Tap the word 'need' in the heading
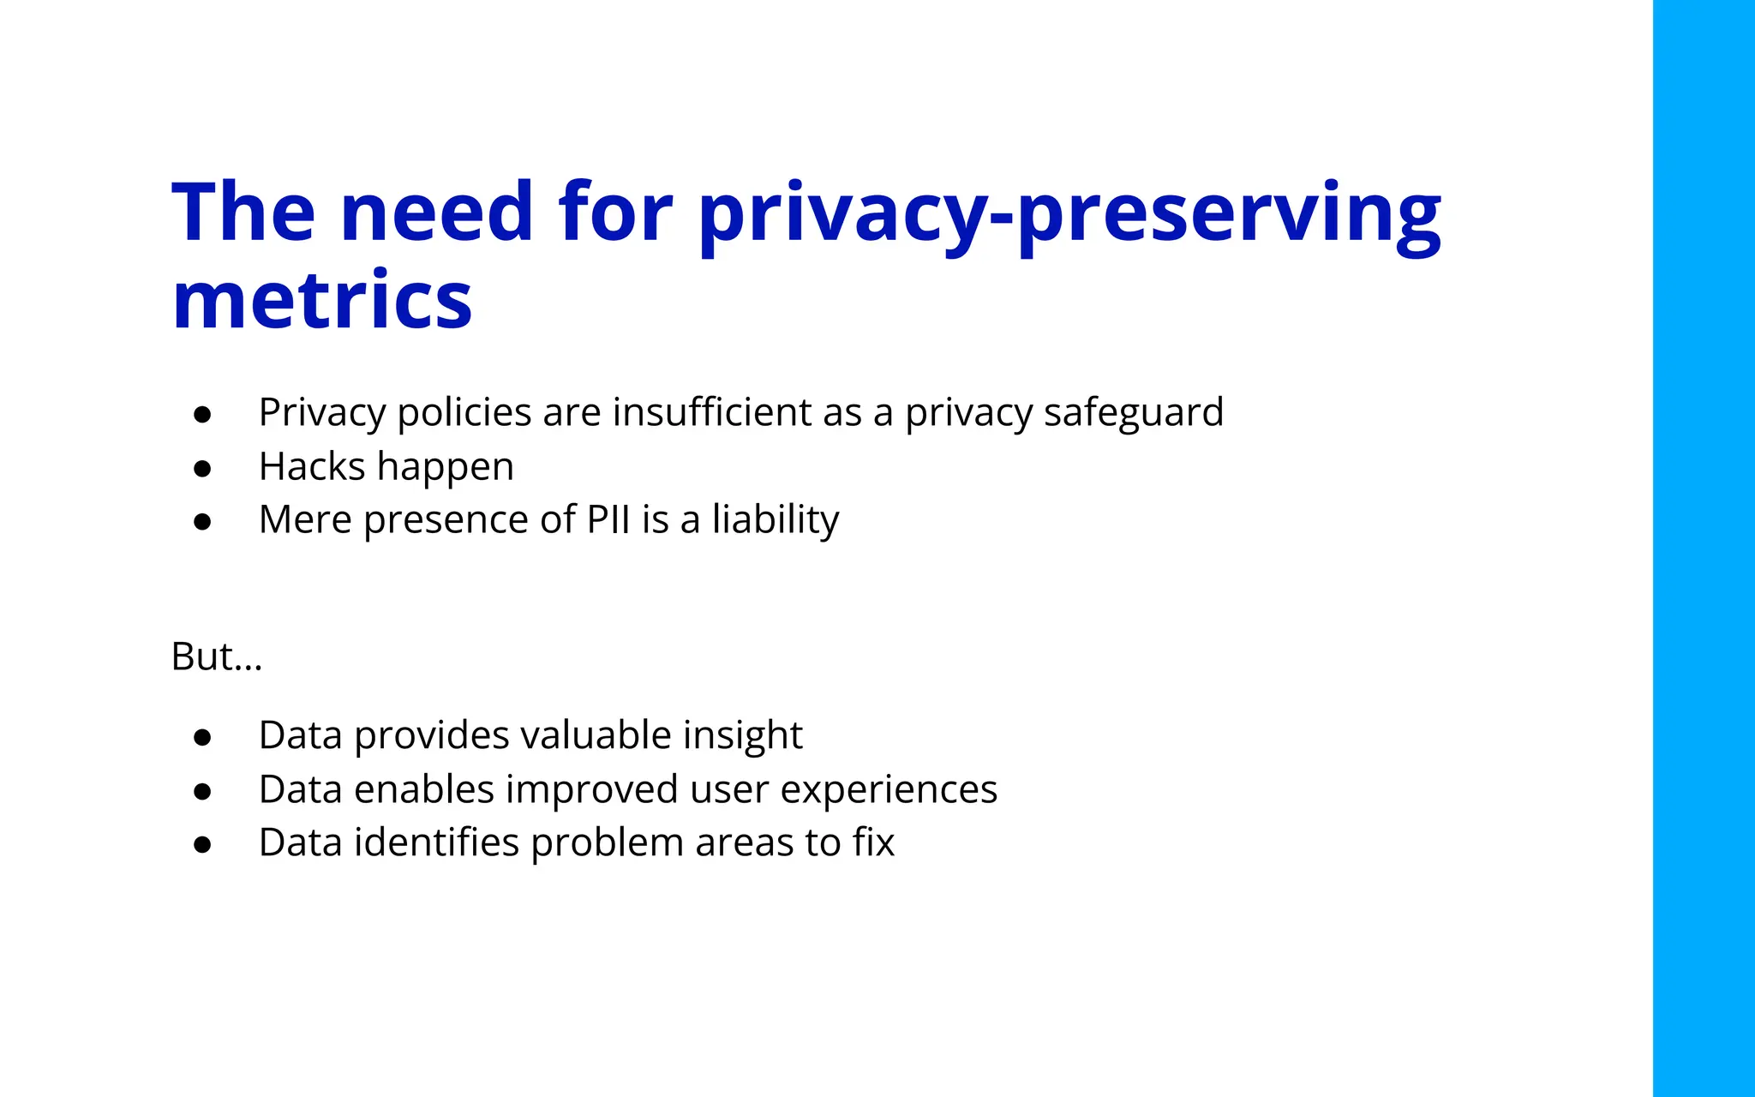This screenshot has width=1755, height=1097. pyautogui.click(x=437, y=212)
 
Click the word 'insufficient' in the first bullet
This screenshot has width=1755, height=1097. pyautogui.click(x=711, y=412)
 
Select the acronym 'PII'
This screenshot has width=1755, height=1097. pyautogui.click(x=608, y=519)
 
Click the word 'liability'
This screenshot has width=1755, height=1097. pyautogui.click(x=776, y=521)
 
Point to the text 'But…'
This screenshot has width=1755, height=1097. pyautogui.click(x=217, y=657)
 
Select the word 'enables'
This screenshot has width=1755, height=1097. pyautogui.click(x=424, y=789)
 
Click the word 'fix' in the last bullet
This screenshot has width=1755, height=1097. pyautogui.click(x=873, y=842)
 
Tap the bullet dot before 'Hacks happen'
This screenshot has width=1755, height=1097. pyautogui.click(x=202, y=469)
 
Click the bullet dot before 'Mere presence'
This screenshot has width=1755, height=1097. pyautogui.click(x=202, y=522)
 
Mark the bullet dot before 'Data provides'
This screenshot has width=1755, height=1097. pyautogui.click(x=202, y=738)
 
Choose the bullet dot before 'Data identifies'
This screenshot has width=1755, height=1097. pyautogui.click(x=202, y=845)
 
